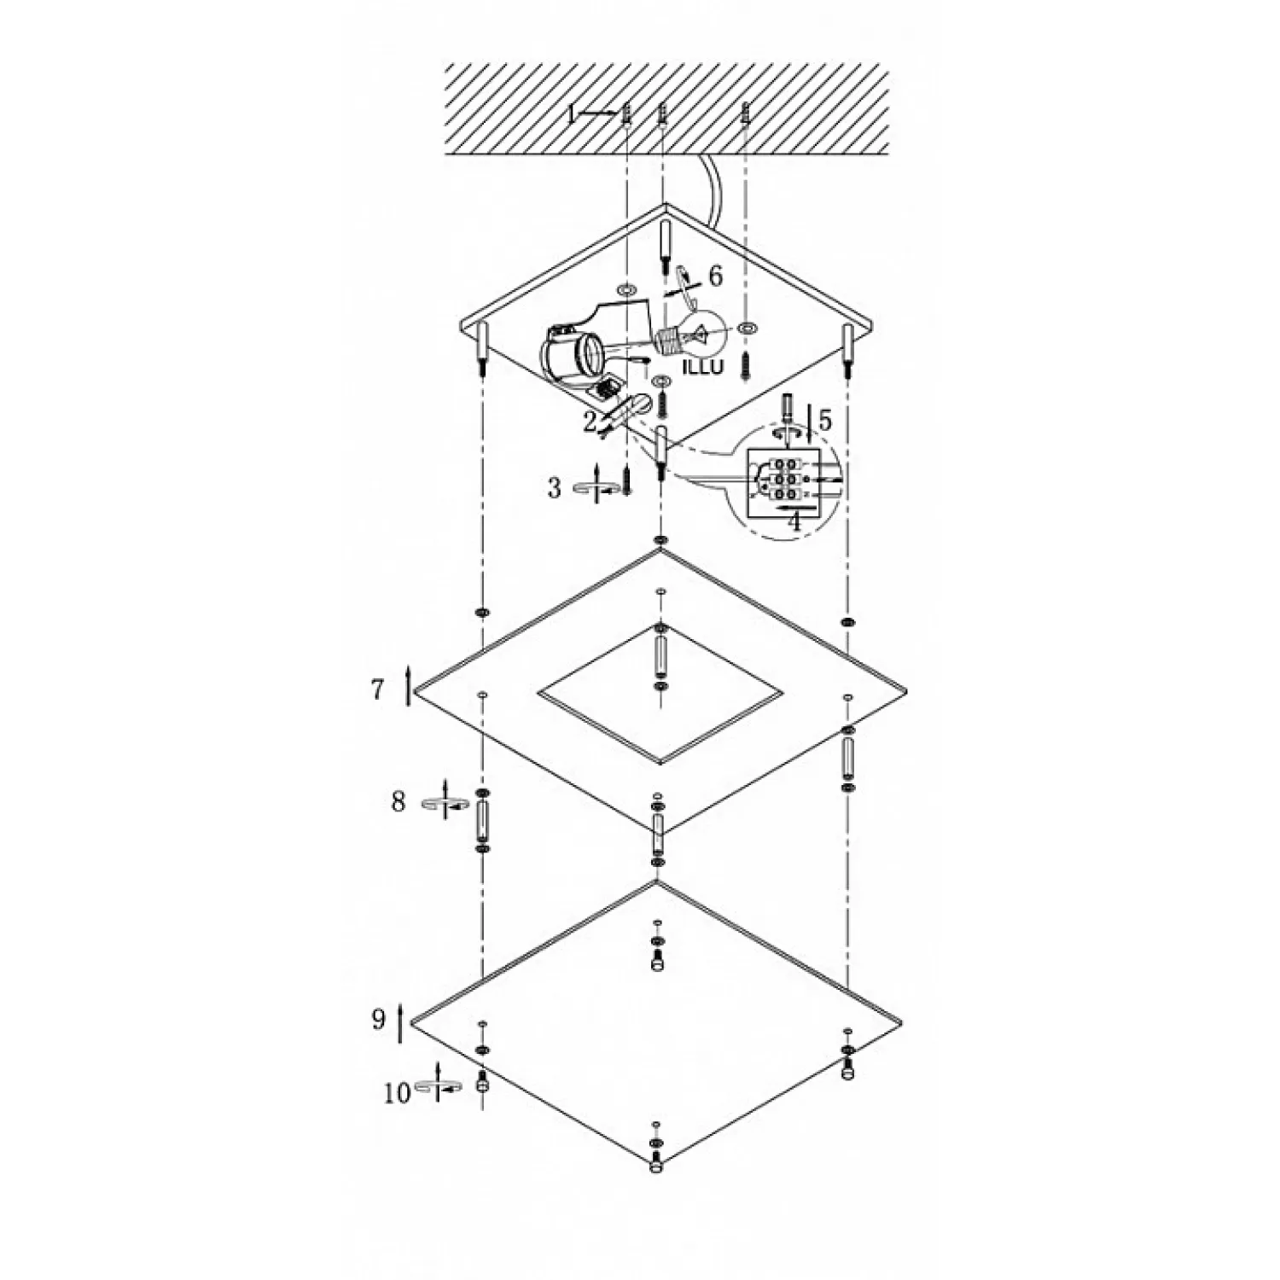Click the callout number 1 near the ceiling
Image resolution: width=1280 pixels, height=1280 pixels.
pos(572,113)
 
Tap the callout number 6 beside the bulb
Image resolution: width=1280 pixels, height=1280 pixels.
pos(715,276)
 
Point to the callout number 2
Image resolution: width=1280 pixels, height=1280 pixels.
pos(591,421)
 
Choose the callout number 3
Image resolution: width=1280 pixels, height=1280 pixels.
pos(555,488)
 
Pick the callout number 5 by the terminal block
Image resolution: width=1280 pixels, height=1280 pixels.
pos(824,420)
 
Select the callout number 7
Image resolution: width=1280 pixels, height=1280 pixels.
pos(378,689)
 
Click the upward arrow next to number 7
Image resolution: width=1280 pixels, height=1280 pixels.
pos(409,684)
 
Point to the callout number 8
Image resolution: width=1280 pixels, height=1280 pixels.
pos(399,802)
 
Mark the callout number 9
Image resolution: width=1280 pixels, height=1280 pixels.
pos(379,1020)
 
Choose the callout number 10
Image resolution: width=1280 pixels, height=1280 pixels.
pos(397,1094)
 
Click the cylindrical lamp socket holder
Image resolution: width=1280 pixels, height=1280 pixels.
pos(567,354)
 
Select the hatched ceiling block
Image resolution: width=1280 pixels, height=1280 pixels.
pos(666,112)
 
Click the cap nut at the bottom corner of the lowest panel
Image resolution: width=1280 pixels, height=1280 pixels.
pos(655,1166)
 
